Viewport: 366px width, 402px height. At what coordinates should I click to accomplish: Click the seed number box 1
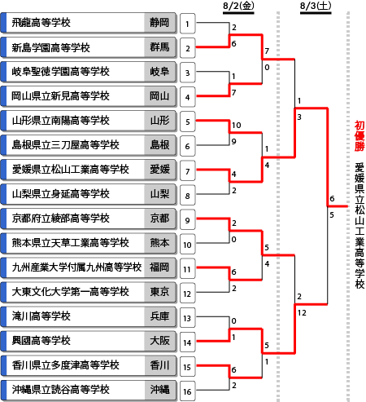click(x=187, y=24)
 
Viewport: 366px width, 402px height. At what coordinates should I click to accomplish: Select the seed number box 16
click(x=187, y=391)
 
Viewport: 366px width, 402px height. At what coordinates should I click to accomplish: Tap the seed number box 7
click(x=187, y=170)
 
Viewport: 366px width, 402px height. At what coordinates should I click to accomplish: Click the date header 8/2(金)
click(x=238, y=6)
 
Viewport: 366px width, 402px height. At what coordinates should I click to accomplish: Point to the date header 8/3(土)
click(x=316, y=6)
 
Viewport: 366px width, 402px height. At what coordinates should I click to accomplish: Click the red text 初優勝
click(x=359, y=136)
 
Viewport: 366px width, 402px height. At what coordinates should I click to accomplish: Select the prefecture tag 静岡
click(x=159, y=23)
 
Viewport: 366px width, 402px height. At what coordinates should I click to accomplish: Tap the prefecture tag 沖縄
click(x=159, y=390)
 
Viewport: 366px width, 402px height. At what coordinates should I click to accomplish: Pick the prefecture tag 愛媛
click(x=159, y=170)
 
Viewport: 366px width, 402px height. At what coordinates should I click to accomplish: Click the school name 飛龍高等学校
click(x=41, y=23)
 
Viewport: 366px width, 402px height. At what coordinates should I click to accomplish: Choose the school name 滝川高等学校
click(x=41, y=316)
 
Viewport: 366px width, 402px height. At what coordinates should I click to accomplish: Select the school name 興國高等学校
click(x=41, y=341)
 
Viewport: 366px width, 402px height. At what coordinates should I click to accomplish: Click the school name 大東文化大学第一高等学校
click(x=71, y=292)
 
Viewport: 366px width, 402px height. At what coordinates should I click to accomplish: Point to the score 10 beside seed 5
click(x=236, y=125)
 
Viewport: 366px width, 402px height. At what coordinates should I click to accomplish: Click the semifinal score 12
click(x=302, y=312)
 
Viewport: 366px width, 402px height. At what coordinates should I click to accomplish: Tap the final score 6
click(x=332, y=198)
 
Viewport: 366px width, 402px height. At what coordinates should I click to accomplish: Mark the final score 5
click(x=332, y=215)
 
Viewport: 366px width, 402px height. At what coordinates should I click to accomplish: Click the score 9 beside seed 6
click(x=233, y=141)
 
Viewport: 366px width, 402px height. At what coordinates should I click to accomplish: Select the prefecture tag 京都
click(x=159, y=219)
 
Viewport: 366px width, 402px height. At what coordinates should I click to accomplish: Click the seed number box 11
click(x=187, y=268)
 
